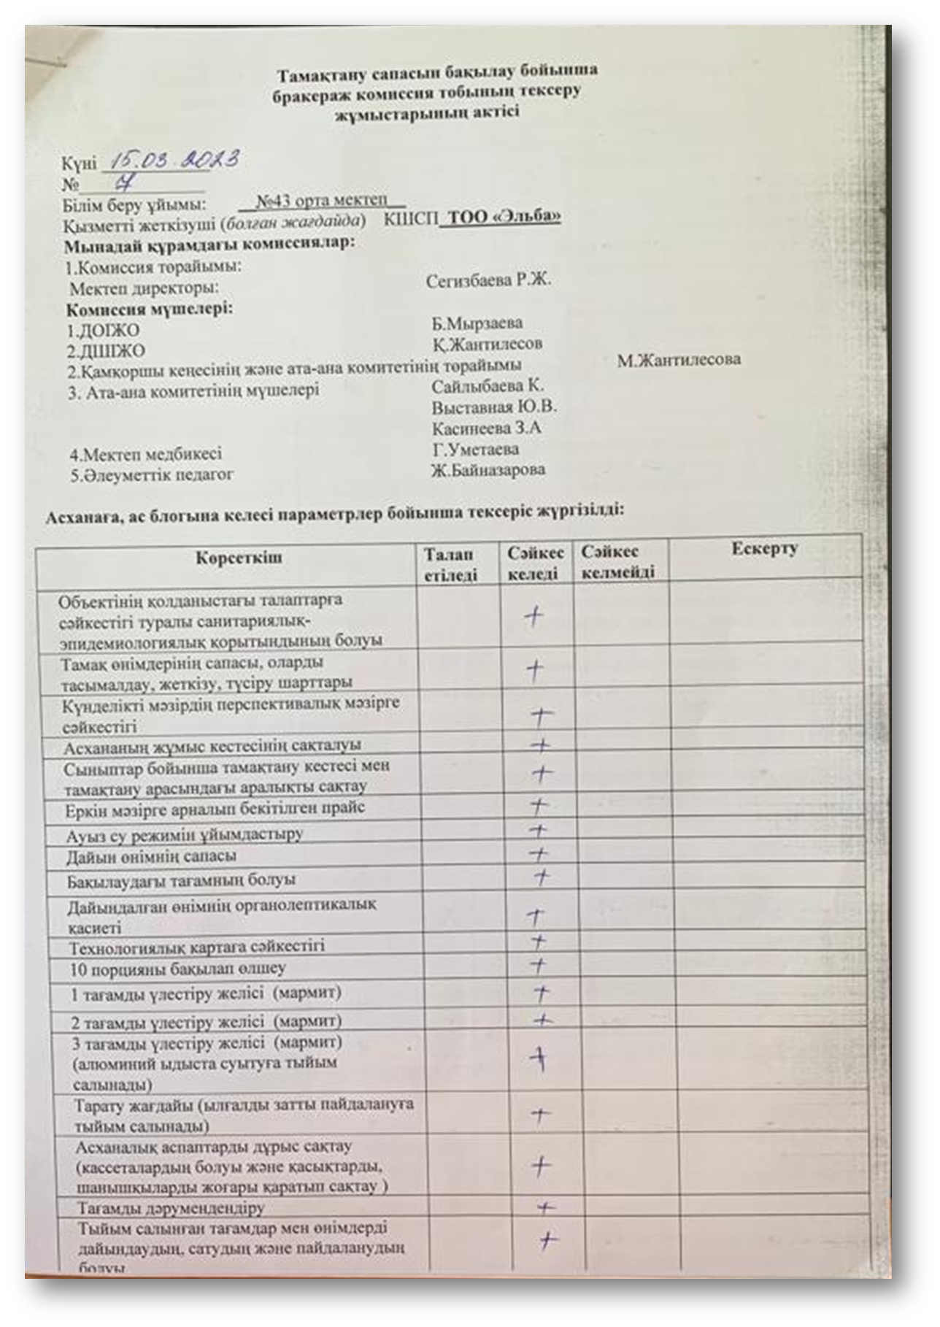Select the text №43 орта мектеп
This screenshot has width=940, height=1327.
[x=323, y=201]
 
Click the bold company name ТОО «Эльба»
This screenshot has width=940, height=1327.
[x=504, y=217]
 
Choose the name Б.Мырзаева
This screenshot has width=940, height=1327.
[x=477, y=323]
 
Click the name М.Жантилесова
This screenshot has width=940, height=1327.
[x=679, y=360]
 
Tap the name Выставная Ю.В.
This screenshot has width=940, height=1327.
[x=493, y=407]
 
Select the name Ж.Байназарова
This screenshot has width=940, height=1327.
[x=488, y=470]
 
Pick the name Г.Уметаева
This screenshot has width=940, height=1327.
[x=475, y=449]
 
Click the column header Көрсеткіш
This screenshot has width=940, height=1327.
[x=239, y=559]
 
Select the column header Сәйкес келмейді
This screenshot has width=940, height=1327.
[x=617, y=562]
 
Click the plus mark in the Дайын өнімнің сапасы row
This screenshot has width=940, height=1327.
[x=538, y=853]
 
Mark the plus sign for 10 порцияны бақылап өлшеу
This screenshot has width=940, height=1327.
[x=538, y=966]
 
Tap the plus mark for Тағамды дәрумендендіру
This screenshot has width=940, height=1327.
[x=545, y=1208]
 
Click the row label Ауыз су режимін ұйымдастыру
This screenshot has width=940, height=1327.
[x=184, y=834]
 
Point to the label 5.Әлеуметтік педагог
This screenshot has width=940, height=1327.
[x=152, y=475]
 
